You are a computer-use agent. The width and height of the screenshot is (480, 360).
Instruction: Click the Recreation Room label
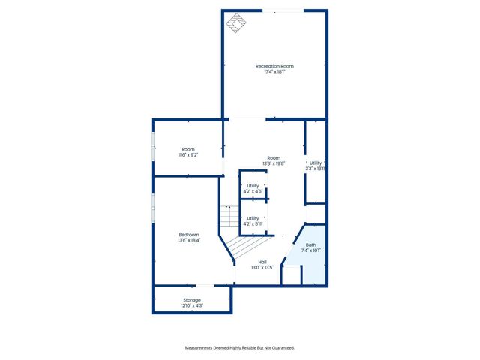tap(274, 66)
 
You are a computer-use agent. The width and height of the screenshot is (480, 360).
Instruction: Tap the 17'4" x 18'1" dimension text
tap(274, 72)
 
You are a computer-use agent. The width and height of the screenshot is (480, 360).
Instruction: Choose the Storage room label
tap(192, 300)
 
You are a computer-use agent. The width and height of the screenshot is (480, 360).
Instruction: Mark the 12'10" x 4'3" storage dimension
tap(192, 306)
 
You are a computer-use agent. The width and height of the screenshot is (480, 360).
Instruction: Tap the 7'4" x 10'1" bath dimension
tap(311, 250)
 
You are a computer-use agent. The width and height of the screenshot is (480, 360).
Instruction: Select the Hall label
tap(262, 262)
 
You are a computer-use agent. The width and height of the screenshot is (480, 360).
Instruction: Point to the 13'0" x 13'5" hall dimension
tap(262, 268)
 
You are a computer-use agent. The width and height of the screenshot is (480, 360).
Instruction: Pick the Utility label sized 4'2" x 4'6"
tap(253, 185)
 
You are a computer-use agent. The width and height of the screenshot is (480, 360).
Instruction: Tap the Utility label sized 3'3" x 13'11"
tap(316, 163)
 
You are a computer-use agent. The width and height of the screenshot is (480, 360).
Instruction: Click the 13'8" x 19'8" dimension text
tap(274, 163)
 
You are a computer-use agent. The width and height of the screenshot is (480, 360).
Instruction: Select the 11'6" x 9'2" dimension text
tap(187, 155)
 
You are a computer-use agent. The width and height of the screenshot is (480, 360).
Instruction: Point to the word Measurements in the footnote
tap(202, 348)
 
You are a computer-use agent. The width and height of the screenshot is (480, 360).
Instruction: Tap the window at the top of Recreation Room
tap(283, 10)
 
